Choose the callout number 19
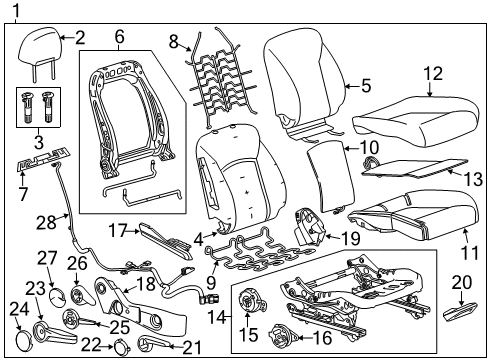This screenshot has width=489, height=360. coord(349,238)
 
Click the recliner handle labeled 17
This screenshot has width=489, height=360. coord(160,237)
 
